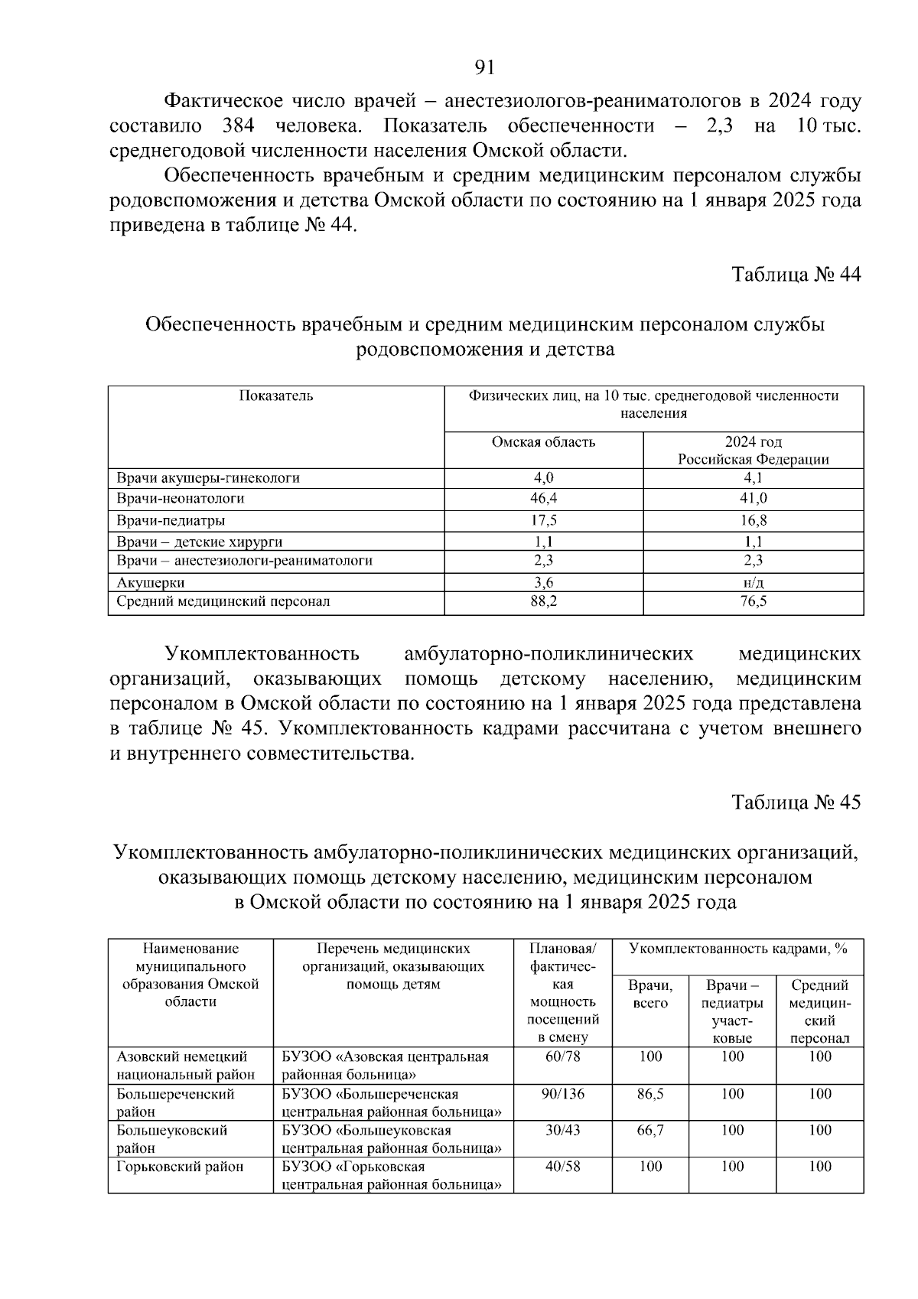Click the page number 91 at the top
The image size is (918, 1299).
pyautogui.click(x=485, y=68)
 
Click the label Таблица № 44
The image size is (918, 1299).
pyautogui.click(x=796, y=275)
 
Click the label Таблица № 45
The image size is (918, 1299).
pyautogui.click(x=796, y=803)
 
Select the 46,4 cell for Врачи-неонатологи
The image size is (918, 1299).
pyautogui.click(x=544, y=499)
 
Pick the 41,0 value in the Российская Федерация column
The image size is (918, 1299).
pyautogui.click(x=753, y=499)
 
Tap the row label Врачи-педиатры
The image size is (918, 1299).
pyautogui.click(x=171, y=521)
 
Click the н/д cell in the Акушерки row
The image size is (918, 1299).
pyautogui.click(x=753, y=582)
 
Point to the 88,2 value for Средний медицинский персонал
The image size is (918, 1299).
pyautogui.click(x=544, y=602)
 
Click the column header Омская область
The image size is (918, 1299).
pyautogui.click(x=544, y=442)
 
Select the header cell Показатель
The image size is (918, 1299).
pyautogui.click(x=276, y=396)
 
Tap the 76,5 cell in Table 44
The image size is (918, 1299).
pyautogui.click(x=753, y=602)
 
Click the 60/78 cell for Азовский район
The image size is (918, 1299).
pyautogui.click(x=562, y=1057)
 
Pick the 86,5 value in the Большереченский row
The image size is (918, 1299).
pyautogui.click(x=650, y=1095)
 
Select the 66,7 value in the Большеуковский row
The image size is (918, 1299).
pyautogui.click(x=650, y=1131)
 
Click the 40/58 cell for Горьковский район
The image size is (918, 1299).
pyautogui.click(x=562, y=1167)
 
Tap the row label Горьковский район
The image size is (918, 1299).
pyautogui.click(x=180, y=1167)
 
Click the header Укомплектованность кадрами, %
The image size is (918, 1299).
pyautogui.click(x=737, y=949)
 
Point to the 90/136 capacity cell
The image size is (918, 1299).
pyautogui.click(x=562, y=1095)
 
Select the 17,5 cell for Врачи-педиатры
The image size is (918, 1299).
pyautogui.click(x=544, y=521)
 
